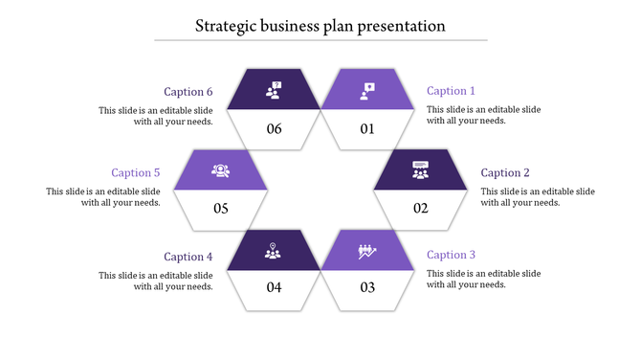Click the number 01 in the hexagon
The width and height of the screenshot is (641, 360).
(x=367, y=129)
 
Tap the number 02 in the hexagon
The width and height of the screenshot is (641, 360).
(x=421, y=209)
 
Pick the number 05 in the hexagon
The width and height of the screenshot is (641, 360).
(x=221, y=209)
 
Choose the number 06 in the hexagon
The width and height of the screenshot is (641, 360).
(x=275, y=129)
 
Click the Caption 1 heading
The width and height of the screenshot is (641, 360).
(x=451, y=91)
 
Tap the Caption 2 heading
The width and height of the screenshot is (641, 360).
(x=505, y=173)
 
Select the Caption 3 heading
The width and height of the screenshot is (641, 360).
(x=451, y=255)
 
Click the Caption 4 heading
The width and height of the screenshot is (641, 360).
(x=188, y=257)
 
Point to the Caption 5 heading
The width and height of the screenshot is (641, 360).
(x=135, y=173)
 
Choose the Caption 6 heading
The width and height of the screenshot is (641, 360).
(x=188, y=92)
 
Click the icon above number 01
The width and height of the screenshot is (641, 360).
(x=367, y=90)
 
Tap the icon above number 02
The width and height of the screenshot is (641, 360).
(x=421, y=170)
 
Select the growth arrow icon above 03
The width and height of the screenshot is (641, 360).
(x=367, y=251)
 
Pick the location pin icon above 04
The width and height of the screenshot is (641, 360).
(x=275, y=251)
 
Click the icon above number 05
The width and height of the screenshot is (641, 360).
(x=221, y=170)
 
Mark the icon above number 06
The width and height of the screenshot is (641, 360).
(x=275, y=90)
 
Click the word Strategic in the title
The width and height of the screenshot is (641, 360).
(x=228, y=27)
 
